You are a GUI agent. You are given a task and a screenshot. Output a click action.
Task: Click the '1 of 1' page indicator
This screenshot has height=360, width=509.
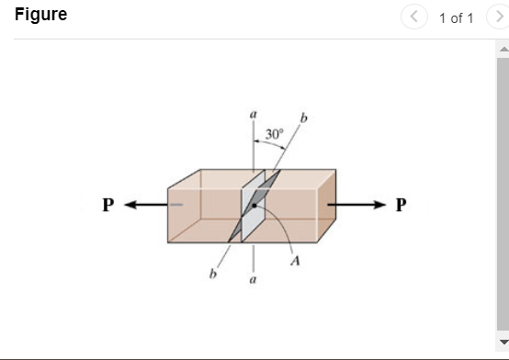pyautogui.click(x=456, y=17)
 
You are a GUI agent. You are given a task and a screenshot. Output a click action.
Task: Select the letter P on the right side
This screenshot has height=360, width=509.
pyautogui.click(x=400, y=204)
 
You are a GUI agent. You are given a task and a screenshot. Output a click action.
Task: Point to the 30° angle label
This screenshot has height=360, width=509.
pyautogui.click(x=275, y=134)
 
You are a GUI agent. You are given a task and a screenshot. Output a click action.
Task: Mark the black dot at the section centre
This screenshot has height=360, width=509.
pyautogui.click(x=254, y=204)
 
